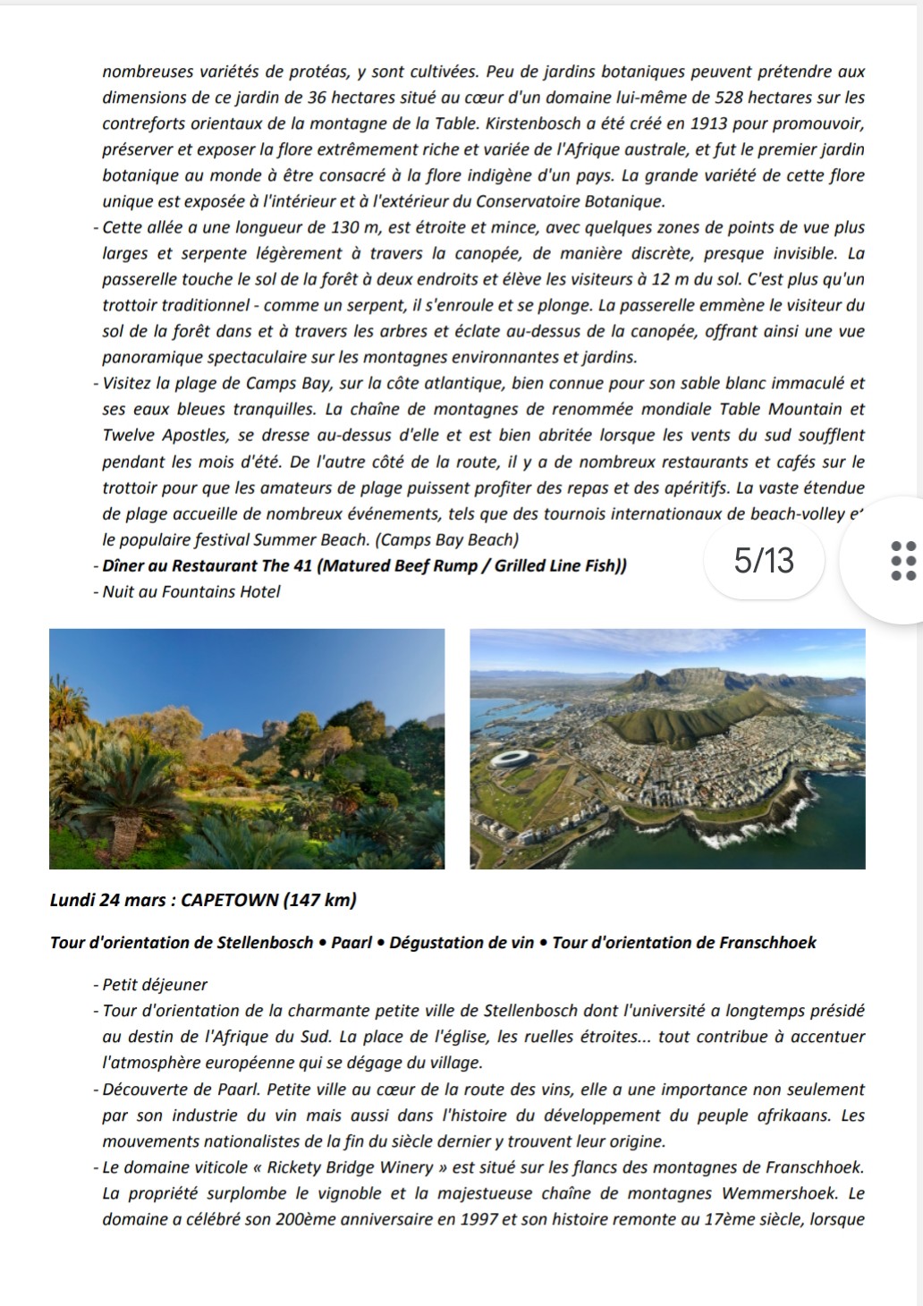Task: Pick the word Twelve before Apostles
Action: click(129, 436)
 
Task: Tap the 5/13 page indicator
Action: click(764, 561)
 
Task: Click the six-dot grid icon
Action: click(904, 561)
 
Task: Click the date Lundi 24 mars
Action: click(107, 900)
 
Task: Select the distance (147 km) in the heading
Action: click(319, 900)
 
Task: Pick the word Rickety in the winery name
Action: click(295, 1167)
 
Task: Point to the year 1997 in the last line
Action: click(479, 1219)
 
